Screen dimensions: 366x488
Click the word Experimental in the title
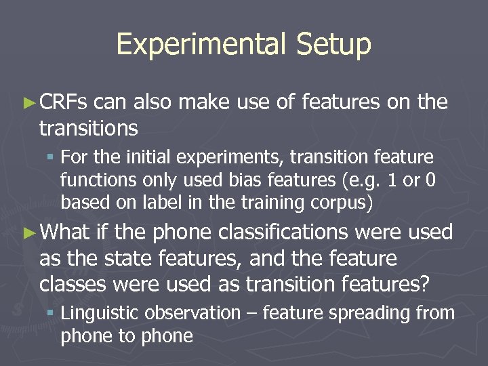(201, 44)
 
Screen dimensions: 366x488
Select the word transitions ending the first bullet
(89, 127)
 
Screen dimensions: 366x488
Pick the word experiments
(221, 157)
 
